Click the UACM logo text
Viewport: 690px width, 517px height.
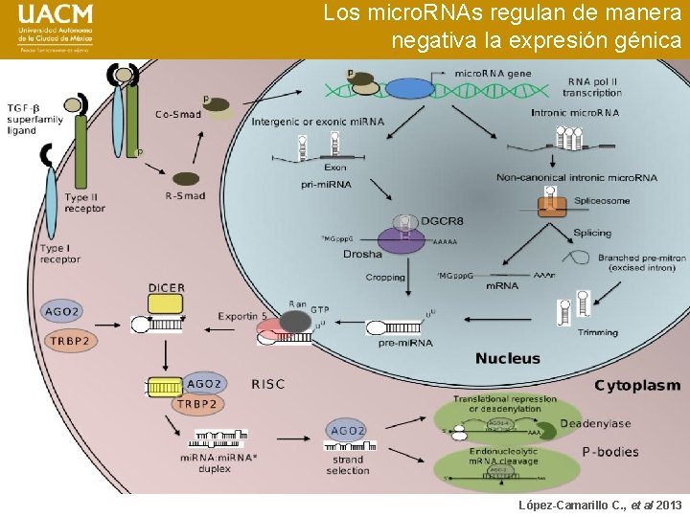(x=56, y=15)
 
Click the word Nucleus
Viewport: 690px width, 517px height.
(x=508, y=358)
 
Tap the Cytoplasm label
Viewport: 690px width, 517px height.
(x=637, y=386)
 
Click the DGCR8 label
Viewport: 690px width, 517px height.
(x=442, y=221)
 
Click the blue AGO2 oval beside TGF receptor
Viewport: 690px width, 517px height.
(x=60, y=311)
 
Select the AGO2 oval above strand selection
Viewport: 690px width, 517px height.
(x=347, y=431)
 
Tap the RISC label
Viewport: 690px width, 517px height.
(x=268, y=384)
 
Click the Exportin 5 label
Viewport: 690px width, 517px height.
(x=243, y=315)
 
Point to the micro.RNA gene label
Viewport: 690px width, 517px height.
(x=493, y=73)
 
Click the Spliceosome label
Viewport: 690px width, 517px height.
(x=602, y=201)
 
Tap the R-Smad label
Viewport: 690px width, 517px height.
(x=186, y=196)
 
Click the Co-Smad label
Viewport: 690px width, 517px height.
(x=178, y=115)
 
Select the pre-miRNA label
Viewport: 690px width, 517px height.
(x=404, y=342)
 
